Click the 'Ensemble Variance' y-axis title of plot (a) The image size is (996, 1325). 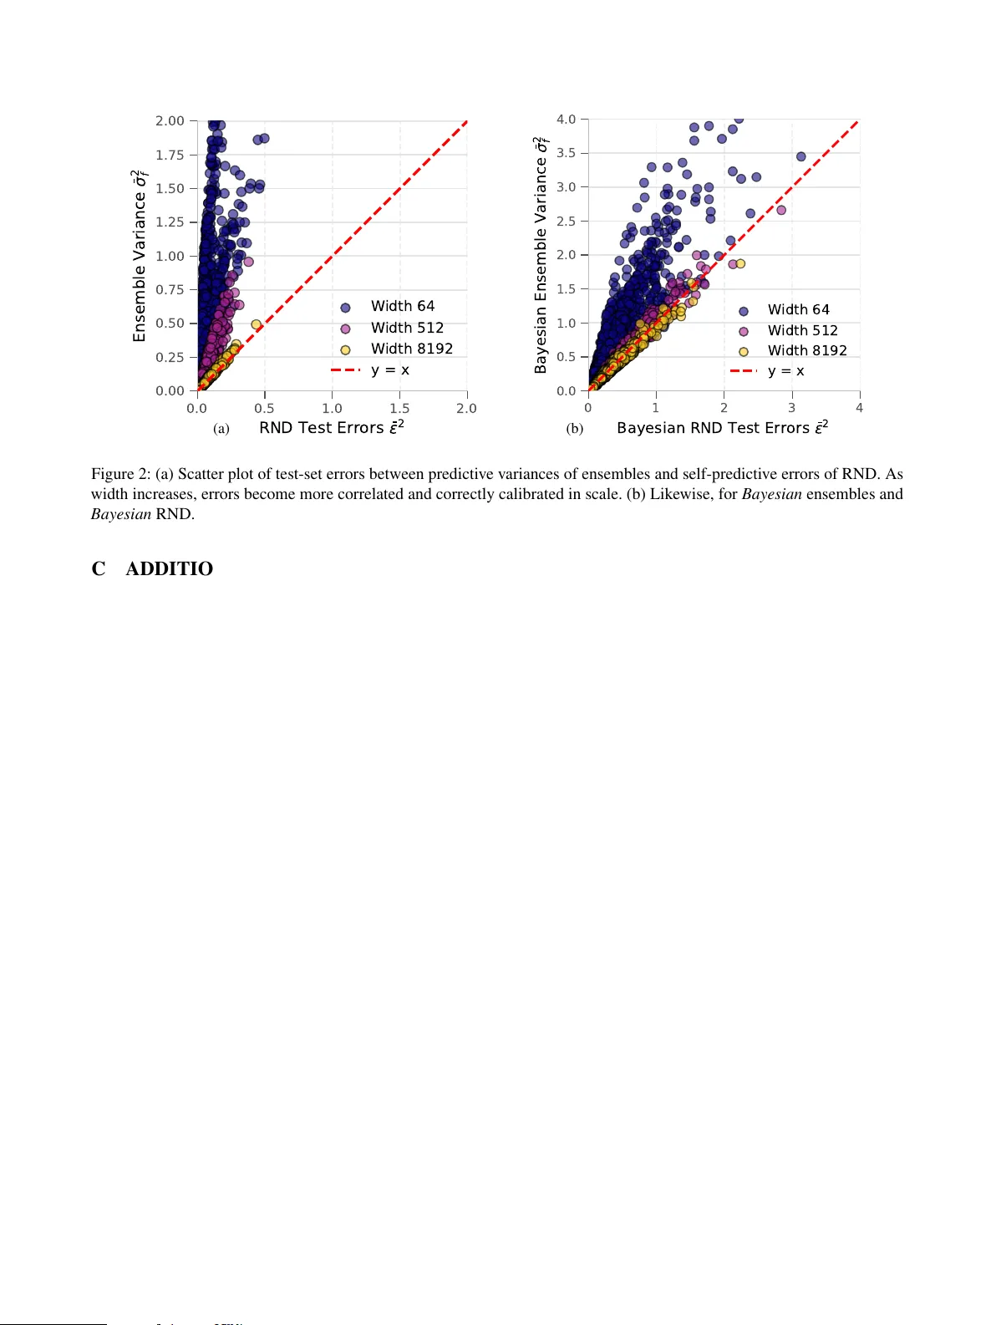tap(140, 256)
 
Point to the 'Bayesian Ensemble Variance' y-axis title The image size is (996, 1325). tap(541, 255)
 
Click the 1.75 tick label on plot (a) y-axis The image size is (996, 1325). tap(170, 155)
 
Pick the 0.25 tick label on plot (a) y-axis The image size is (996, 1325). tap(170, 357)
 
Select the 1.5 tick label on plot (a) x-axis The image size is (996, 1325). tap(399, 409)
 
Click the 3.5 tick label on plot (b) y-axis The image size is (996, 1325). tap(567, 153)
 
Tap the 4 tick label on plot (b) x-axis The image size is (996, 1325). tap(859, 409)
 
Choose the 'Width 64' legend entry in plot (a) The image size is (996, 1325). tap(402, 307)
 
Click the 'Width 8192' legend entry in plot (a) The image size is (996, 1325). tap(411, 349)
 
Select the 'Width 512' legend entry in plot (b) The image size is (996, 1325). tap(802, 330)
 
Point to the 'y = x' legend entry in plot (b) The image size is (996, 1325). tap(785, 371)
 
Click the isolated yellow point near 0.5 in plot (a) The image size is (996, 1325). tap(257, 324)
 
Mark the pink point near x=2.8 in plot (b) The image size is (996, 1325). tap(781, 211)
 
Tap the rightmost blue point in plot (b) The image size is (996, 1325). tap(800, 156)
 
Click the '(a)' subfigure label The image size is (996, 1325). tap(221, 429)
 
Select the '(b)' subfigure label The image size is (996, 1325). tap(575, 429)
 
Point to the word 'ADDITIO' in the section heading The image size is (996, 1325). tap(169, 568)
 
